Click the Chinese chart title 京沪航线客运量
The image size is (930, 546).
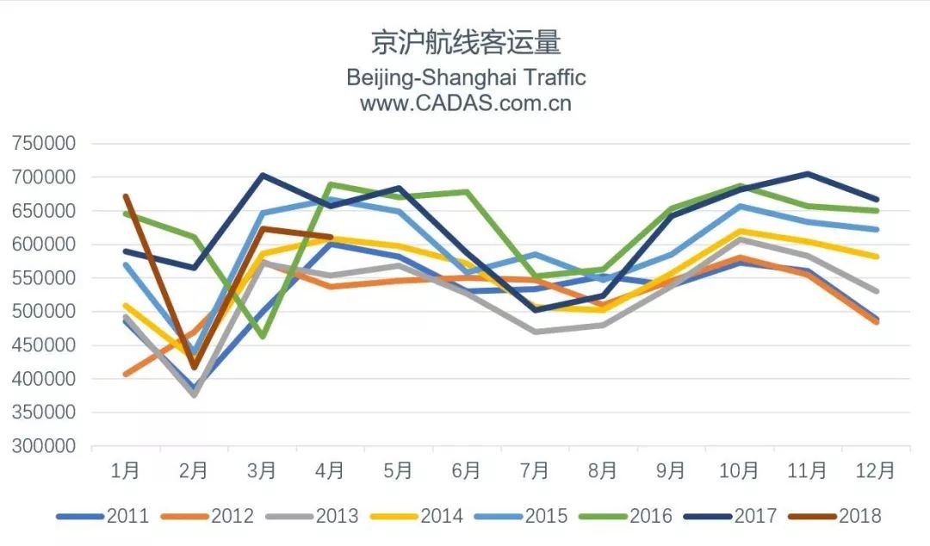point(465,42)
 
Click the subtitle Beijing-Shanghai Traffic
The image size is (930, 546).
point(466,78)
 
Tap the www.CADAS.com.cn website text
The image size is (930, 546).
point(466,103)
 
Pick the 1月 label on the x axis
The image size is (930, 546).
point(126,471)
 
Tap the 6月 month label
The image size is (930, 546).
point(466,471)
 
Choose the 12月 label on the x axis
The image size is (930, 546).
point(875,471)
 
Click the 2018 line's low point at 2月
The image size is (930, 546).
point(194,368)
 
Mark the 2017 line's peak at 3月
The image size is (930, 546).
point(262,176)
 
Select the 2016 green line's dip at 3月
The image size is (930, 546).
point(262,337)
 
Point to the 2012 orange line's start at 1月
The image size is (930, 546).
point(126,375)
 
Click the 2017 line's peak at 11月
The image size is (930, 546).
point(807,174)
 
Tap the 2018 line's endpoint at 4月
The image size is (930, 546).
point(330,237)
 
